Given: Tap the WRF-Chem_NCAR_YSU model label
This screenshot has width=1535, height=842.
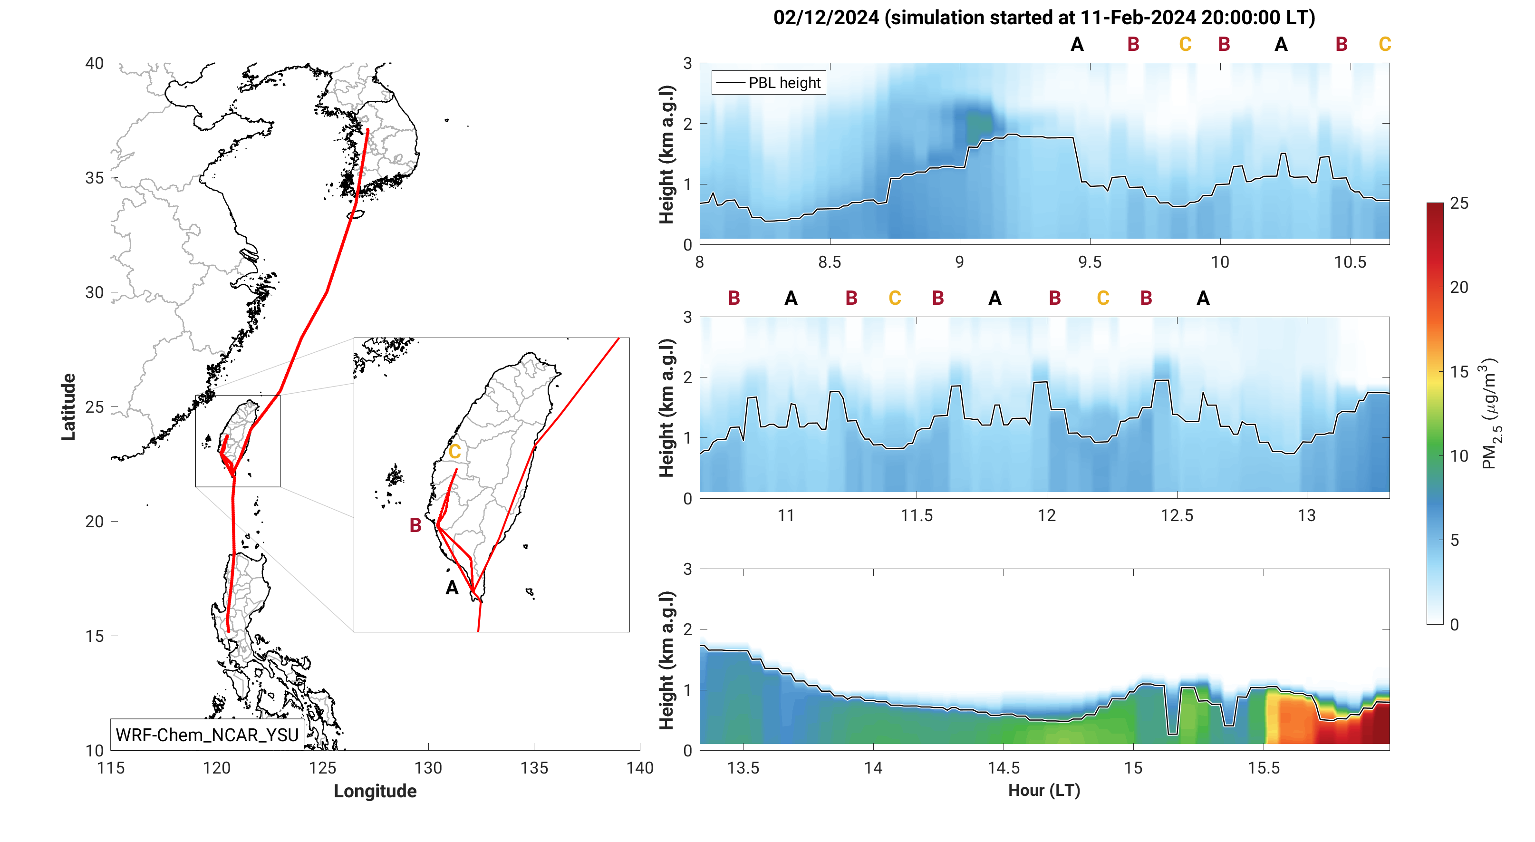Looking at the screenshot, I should (x=207, y=735).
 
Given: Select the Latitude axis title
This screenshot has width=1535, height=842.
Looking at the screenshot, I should (x=68, y=407).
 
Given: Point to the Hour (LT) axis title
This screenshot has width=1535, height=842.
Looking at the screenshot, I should (x=1044, y=790).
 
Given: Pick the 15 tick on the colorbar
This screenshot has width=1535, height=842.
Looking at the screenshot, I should (x=1459, y=372).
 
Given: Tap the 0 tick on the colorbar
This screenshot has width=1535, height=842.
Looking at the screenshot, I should (x=1454, y=625).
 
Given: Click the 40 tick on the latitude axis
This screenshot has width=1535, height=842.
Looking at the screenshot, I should (x=94, y=63).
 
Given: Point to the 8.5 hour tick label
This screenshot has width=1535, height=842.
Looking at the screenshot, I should (x=830, y=262).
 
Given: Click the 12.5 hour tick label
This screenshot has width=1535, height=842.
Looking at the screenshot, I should (x=1177, y=515).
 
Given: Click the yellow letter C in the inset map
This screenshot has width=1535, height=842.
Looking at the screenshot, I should (x=454, y=452).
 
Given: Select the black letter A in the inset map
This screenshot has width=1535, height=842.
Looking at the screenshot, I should (x=452, y=588).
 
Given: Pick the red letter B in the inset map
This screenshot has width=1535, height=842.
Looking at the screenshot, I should (x=415, y=525).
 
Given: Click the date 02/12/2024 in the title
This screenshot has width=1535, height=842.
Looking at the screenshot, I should (x=826, y=18).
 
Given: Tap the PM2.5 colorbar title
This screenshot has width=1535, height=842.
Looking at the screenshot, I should (x=1490, y=414).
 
